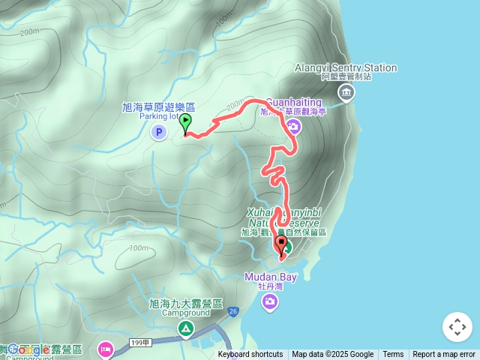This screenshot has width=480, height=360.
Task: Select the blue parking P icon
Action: tap(158, 133)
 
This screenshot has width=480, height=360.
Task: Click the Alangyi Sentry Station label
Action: tap(346, 68)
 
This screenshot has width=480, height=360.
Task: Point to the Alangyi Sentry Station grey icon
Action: tap(346, 93)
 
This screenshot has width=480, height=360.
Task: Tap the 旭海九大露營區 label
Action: tap(186, 304)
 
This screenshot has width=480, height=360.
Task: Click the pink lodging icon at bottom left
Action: tap(105, 349)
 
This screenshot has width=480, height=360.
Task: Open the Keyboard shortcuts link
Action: tap(250, 355)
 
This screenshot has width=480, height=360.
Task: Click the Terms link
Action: tap(393, 355)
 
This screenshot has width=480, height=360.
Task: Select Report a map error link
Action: tap(445, 355)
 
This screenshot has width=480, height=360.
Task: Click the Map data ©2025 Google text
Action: tap(333, 355)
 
